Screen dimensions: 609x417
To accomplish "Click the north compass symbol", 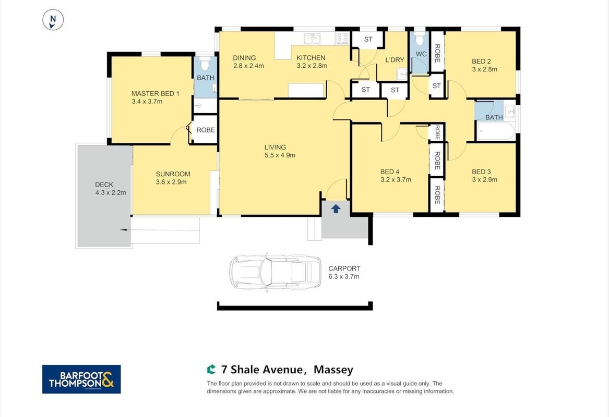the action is tap(53, 20).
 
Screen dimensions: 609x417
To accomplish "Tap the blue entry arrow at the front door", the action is tap(336, 208).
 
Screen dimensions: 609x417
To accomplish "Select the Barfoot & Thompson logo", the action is tap(81, 379).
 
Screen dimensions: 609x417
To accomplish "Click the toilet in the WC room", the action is tap(420, 40).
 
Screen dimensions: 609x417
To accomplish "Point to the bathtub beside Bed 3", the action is tap(496, 131).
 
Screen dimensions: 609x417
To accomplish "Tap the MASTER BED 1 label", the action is tap(156, 93).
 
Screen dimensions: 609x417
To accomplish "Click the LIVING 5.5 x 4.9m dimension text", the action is tap(280, 155).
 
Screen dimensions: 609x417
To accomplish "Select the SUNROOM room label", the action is tap(173, 174).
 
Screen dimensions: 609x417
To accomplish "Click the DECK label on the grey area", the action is tap(104, 185).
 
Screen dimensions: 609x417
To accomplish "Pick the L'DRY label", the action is tap(395, 60).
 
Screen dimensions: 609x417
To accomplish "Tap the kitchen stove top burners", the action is tap(342, 39).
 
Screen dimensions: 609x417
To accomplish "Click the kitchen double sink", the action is tap(312, 39).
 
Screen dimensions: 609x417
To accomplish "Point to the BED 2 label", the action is tap(481, 62).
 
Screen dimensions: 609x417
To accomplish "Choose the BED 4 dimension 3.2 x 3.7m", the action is tap(396, 180).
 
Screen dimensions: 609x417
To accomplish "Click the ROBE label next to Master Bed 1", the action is tap(206, 130).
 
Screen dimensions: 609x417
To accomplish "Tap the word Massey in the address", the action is tap(333, 370).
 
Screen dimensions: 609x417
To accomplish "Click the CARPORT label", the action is tap(344, 268).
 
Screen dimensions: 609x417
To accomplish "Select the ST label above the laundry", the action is tap(368, 39).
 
